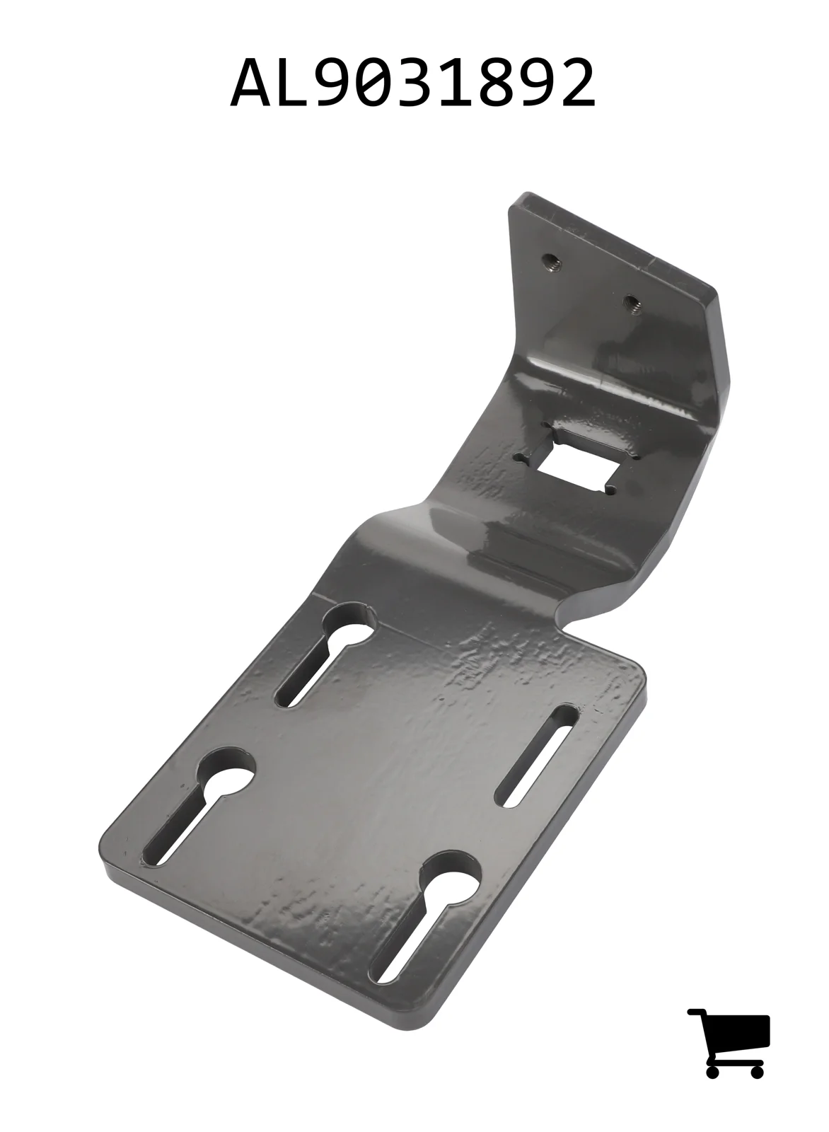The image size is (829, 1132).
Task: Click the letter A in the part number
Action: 250,82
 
